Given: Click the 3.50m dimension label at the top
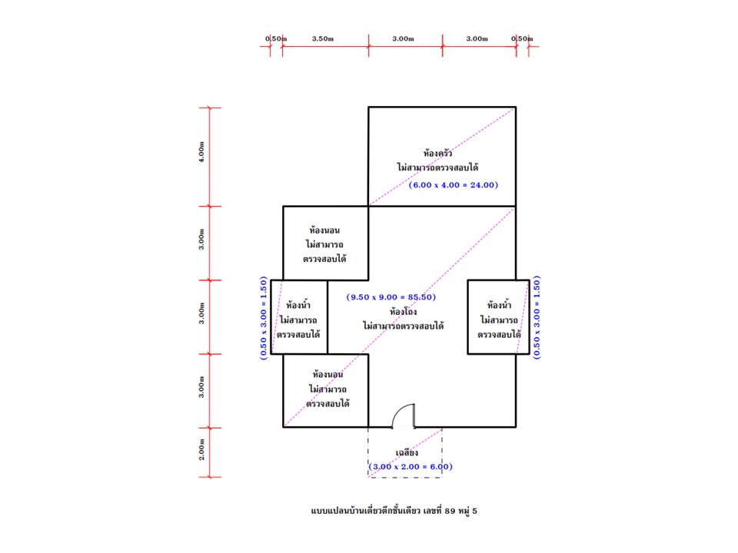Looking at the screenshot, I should point(323,38).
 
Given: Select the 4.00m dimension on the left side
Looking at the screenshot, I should point(201,156).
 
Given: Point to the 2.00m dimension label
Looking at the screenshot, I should point(201,452).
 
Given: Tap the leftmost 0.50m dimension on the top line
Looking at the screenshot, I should point(275,38).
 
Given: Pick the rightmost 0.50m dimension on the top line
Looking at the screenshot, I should point(522,38).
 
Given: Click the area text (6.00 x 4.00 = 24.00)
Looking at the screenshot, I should point(454,184).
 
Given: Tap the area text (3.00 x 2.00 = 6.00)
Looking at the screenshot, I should point(410,466).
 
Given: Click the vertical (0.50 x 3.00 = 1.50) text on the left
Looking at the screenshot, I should point(264,318).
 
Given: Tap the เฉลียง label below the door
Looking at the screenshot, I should point(406,453).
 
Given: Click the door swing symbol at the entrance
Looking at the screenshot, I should point(404,416).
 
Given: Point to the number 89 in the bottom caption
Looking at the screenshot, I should point(451,509).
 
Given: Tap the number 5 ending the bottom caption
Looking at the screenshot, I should point(485,509).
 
